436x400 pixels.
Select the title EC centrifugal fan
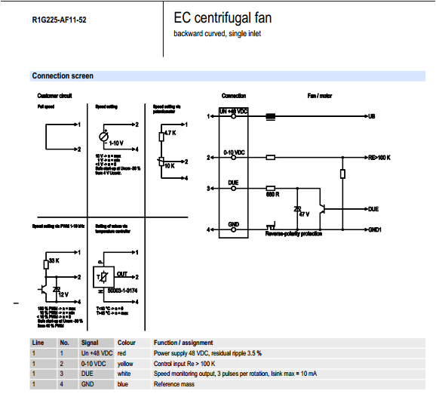223,17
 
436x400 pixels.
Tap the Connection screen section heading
63,75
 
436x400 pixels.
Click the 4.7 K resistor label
169,133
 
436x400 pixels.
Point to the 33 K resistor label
53,261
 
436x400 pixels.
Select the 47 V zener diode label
305,214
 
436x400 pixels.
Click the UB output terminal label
371,116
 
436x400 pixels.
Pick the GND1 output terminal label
376,229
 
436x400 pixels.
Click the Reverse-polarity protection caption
293,234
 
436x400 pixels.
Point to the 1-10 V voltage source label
116,143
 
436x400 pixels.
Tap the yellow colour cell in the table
125,364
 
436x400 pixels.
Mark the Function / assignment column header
183,343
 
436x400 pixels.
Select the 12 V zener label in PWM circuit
64,293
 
